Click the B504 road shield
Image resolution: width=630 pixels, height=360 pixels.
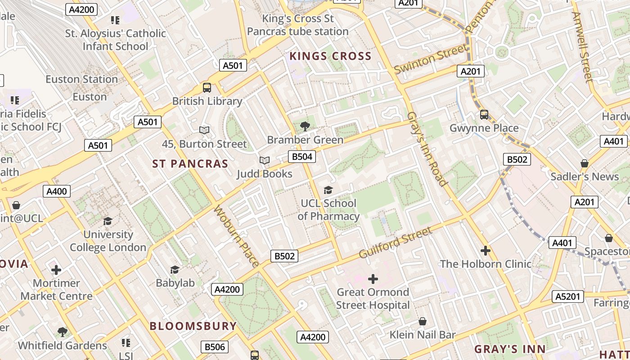click(x=301, y=157)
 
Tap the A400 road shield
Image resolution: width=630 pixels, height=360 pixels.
click(x=57, y=191)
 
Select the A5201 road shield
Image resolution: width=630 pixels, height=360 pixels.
click(x=568, y=297)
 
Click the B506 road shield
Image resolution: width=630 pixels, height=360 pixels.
click(x=214, y=347)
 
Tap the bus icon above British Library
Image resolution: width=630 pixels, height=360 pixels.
click(x=207, y=88)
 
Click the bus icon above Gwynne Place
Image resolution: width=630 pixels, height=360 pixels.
click(x=484, y=114)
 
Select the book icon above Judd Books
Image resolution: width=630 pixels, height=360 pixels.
click(x=265, y=160)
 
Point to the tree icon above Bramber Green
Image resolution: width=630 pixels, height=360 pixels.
click(x=305, y=126)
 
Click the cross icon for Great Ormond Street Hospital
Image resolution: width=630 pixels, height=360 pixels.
click(x=373, y=279)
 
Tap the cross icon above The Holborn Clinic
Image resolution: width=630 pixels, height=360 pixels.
click(x=486, y=250)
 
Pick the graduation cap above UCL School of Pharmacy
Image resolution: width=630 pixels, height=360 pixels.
click(x=328, y=190)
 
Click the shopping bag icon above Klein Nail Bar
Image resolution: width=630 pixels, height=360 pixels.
click(x=422, y=321)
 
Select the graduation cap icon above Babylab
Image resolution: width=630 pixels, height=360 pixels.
click(x=175, y=270)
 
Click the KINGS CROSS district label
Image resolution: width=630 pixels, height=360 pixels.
click(x=330, y=56)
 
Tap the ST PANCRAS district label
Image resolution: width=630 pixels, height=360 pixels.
click(x=190, y=164)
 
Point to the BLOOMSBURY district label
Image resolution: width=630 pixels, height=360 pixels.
click(x=193, y=326)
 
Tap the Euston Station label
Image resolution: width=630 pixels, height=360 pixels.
click(x=81, y=79)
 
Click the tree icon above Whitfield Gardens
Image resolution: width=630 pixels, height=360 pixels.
click(x=63, y=332)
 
